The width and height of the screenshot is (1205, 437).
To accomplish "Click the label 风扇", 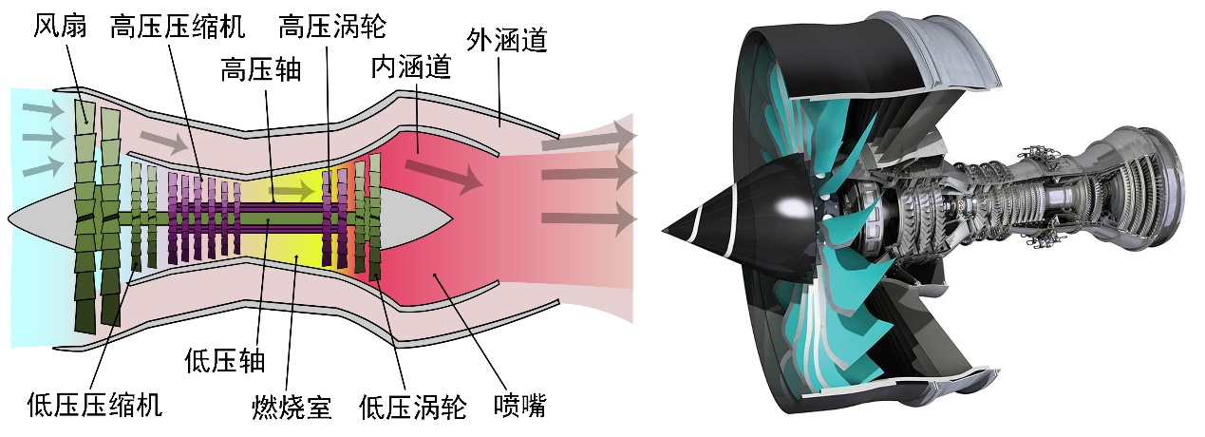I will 61,25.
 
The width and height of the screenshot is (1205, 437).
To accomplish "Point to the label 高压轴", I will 260,70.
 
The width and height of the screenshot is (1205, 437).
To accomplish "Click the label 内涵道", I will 410,68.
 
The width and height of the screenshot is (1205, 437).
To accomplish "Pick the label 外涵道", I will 506,40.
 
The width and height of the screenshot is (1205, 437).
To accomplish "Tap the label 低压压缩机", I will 95,406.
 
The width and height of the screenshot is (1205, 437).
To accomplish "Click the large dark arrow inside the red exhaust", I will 442,172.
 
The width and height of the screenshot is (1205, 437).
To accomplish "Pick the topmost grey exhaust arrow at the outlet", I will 589,138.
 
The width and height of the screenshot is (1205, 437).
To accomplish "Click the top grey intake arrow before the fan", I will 44,111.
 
